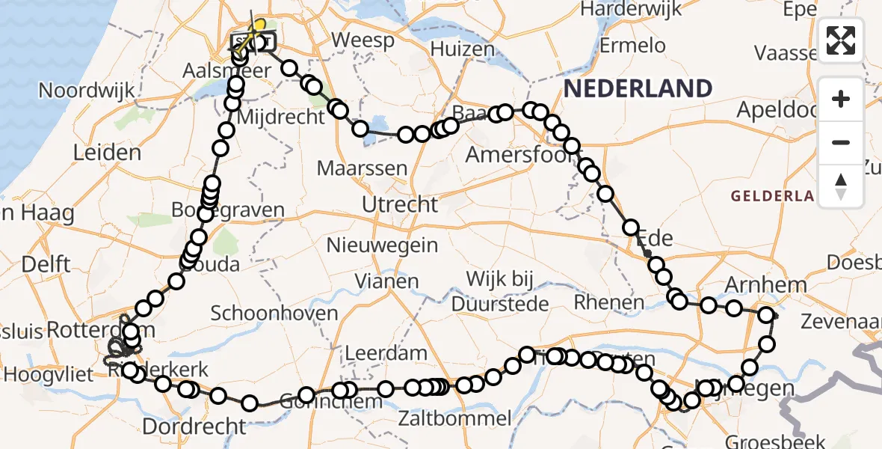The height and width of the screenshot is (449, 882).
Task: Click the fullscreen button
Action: click(841, 40)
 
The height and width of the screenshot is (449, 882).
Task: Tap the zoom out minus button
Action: click(841, 142)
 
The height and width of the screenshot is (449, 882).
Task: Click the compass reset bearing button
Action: click(841, 186)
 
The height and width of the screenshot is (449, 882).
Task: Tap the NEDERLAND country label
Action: click(638, 88)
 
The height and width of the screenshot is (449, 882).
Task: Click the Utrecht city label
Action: click(399, 204)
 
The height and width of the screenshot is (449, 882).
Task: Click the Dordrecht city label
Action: click(194, 427)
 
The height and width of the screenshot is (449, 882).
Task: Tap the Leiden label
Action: click(107, 153)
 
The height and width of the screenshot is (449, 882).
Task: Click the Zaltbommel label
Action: click(455, 418)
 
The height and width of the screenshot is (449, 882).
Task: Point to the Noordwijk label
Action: click(87, 91)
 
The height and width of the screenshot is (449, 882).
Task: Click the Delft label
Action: click(46, 264)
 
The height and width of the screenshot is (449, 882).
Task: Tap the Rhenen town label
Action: click(608, 302)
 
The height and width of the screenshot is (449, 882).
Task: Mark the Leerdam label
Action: click(386, 353)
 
